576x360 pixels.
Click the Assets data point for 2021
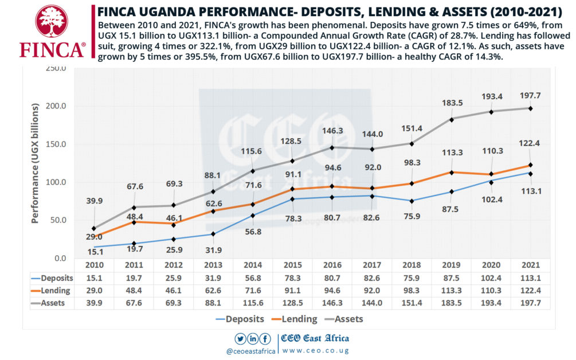530,108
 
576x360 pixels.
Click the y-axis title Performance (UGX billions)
36,163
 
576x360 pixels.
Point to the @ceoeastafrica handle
252,351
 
